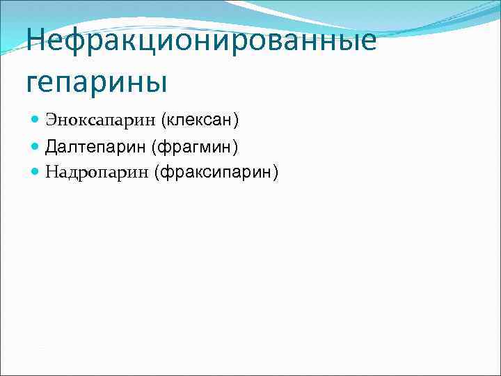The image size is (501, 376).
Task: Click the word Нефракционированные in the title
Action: [x=202, y=40]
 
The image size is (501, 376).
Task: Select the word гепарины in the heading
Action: [x=97, y=81]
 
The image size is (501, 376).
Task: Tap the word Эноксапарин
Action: [x=100, y=120]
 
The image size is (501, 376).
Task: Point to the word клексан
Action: [x=200, y=120]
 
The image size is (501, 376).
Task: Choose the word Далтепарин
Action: [x=95, y=146]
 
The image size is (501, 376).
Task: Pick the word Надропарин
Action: [x=97, y=172]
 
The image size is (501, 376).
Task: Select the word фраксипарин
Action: [x=216, y=172]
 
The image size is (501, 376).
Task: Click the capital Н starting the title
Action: [x=38, y=40]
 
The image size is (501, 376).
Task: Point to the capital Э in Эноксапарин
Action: [x=51, y=120]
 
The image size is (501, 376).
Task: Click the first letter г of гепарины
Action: [x=33, y=84]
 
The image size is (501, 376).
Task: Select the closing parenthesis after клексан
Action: [x=236, y=120]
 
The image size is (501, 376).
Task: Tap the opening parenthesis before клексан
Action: [x=164, y=120]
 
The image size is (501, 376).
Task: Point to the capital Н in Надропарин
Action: [x=51, y=172]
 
